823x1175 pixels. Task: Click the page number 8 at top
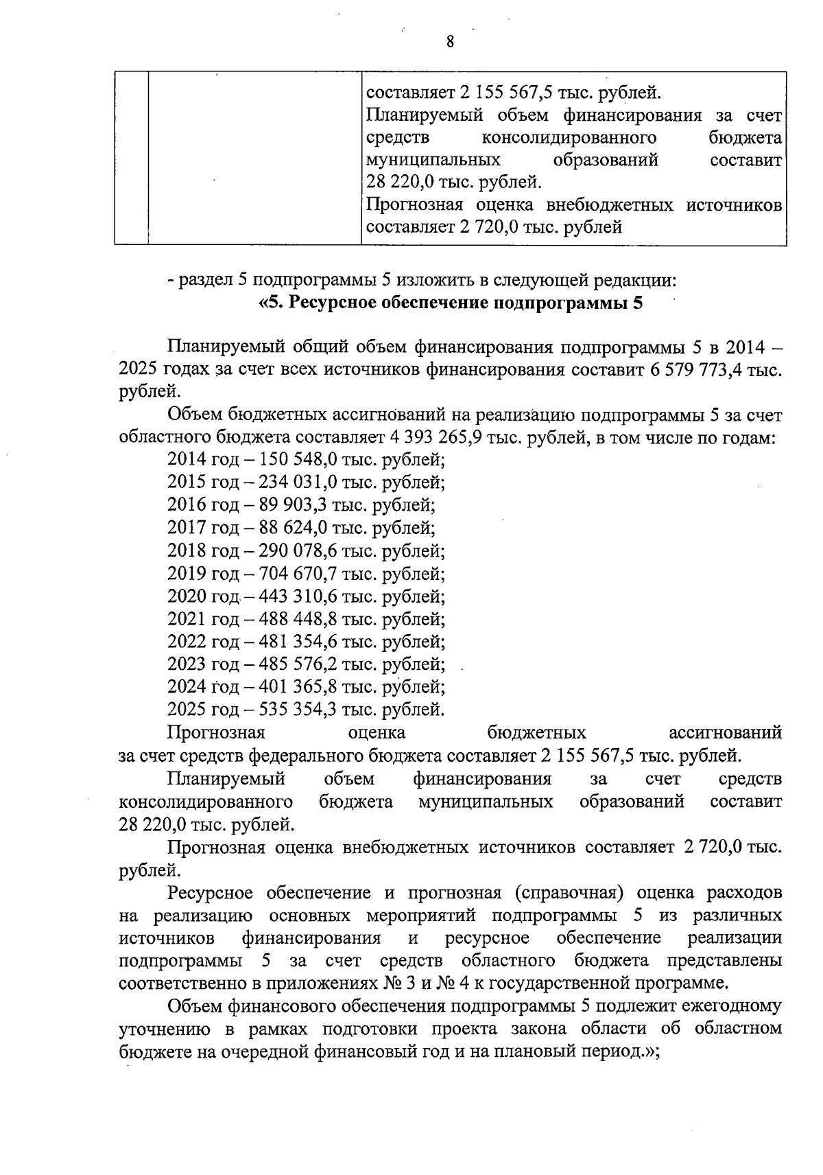coord(450,41)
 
